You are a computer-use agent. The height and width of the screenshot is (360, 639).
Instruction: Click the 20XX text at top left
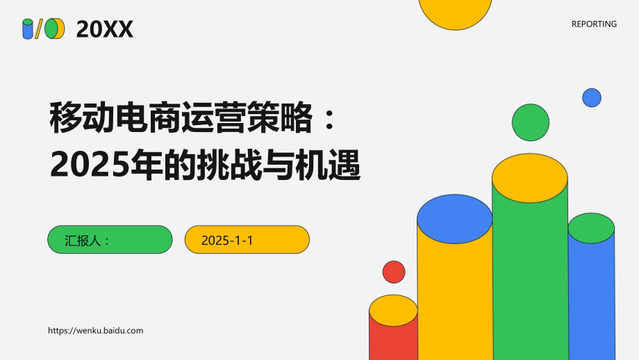click(x=104, y=28)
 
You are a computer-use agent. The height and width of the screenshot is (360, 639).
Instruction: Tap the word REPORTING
click(x=594, y=24)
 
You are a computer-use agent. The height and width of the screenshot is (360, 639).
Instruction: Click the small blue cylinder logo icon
click(x=28, y=28)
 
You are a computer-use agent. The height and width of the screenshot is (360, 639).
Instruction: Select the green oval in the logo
click(x=51, y=28)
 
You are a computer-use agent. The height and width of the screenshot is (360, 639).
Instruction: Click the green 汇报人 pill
click(x=110, y=240)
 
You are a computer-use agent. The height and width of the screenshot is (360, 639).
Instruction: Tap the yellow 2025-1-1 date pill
click(x=247, y=240)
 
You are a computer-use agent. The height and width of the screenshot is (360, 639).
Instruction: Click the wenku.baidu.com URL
click(x=96, y=331)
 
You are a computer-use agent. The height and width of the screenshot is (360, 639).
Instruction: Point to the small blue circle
click(x=592, y=97)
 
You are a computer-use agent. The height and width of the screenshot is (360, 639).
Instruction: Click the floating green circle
click(x=531, y=122)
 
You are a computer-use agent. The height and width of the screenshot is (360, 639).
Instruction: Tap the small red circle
click(x=394, y=272)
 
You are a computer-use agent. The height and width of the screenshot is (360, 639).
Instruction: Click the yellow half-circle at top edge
click(x=456, y=12)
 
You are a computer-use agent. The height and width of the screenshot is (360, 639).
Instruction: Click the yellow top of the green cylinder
click(x=530, y=177)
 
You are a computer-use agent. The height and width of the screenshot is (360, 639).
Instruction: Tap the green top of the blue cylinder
click(x=591, y=227)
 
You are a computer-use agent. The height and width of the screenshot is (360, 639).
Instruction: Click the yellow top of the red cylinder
click(x=393, y=310)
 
